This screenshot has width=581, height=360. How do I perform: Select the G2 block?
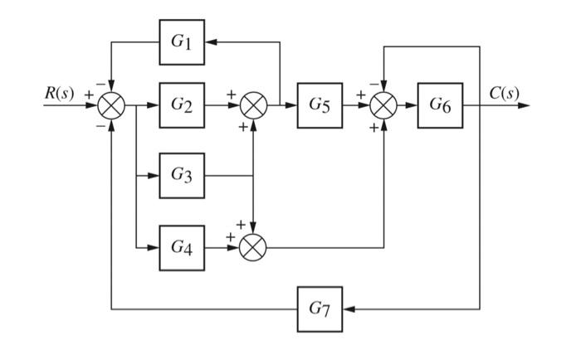coord(182,105)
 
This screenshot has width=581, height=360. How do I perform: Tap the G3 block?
coord(182,175)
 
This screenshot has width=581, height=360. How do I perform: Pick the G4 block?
coord(182,246)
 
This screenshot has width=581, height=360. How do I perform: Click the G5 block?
coord(321,105)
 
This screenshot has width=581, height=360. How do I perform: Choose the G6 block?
coord(441,105)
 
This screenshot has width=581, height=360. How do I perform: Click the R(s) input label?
coord(60,93)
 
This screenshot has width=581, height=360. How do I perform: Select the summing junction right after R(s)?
coord(110,106)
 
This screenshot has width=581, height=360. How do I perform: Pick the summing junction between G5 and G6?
coord(383,106)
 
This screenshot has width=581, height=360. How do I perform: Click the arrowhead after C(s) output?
coord(523,106)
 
